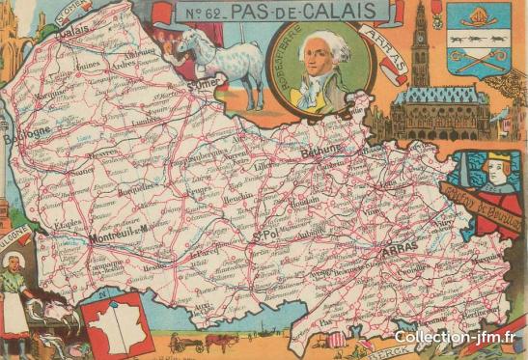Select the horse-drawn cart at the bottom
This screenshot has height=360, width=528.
pos(205,342)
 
